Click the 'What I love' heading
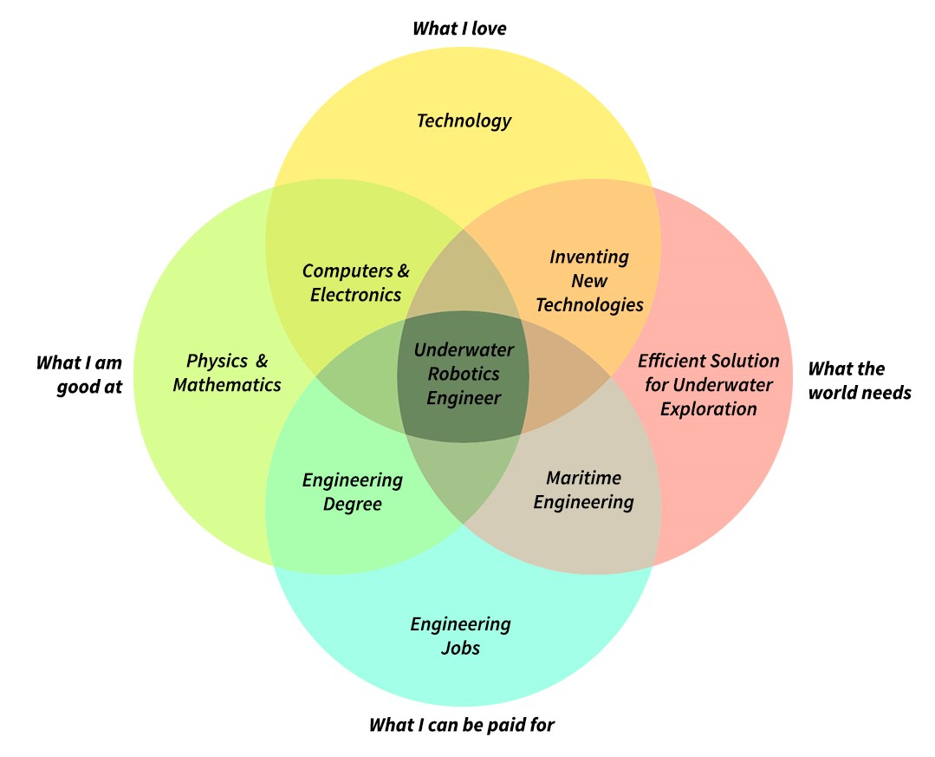(x=459, y=28)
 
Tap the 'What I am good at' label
(x=80, y=375)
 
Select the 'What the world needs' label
(x=860, y=381)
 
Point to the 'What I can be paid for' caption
(x=462, y=725)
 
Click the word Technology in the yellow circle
(x=464, y=121)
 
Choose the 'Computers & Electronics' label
(x=356, y=283)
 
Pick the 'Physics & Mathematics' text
(x=226, y=373)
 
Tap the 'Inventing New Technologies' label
(x=589, y=280)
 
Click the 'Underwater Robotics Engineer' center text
(x=464, y=374)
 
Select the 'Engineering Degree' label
(x=353, y=493)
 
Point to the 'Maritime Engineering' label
(x=583, y=490)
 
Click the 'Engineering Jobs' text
(x=460, y=636)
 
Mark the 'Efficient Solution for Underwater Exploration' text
(x=709, y=385)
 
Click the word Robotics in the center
(x=464, y=374)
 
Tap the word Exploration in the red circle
(x=709, y=409)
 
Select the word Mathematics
(x=226, y=385)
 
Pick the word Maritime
(x=583, y=478)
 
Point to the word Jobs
(x=460, y=648)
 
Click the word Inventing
(x=589, y=258)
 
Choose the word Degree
(x=353, y=504)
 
